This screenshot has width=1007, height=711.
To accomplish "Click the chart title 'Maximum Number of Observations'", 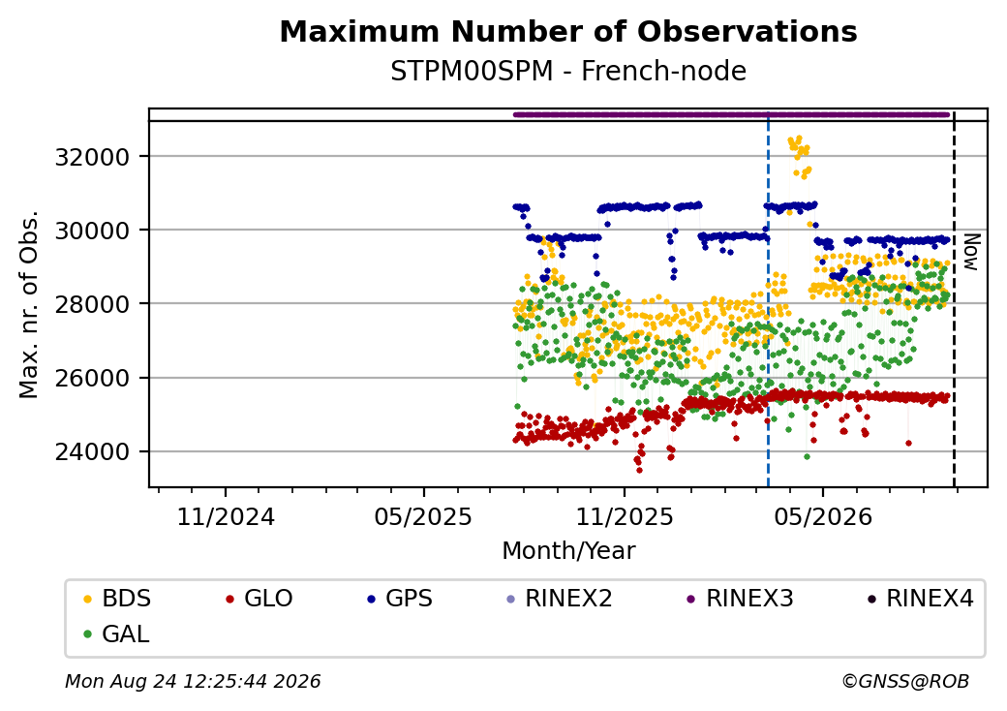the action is pyautogui.click(x=568, y=31).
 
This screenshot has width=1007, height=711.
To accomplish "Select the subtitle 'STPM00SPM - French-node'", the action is pyautogui.click(x=568, y=72).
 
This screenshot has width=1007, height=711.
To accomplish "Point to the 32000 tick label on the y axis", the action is pyautogui.click(x=93, y=157).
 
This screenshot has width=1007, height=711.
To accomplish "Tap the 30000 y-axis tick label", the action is pyautogui.click(x=93, y=231).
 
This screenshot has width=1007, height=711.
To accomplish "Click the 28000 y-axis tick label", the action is pyautogui.click(x=93, y=304).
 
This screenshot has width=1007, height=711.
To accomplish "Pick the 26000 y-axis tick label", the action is pyautogui.click(x=93, y=379).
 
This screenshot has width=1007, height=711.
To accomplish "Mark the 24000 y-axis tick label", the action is pyautogui.click(x=93, y=452).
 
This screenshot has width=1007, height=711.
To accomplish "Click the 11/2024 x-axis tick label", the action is pyautogui.click(x=226, y=517).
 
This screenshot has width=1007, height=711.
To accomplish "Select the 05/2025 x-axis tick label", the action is pyautogui.click(x=423, y=517).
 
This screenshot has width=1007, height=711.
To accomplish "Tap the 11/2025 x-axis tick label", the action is pyautogui.click(x=625, y=517).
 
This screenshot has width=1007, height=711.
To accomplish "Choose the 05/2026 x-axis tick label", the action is pyautogui.click(x=823, y=517).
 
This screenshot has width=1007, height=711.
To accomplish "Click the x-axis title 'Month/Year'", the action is pyautogui.click(x=568, y=551).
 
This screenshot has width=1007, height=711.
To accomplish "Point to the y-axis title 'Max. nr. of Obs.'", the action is pyautogui.click(x=29, y=304).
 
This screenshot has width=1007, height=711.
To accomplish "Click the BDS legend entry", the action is pyautogui.click(x=117, y=599).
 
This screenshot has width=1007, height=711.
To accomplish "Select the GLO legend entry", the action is pyautogui.click(x=259, y=599).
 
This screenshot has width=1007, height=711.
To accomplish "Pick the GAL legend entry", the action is pyautogui.click(x=117, y=634).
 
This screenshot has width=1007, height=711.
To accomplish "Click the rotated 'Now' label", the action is pyautogui.click(x=972, y=252).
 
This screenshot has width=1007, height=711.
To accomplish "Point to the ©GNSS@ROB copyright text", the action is pyautogui.click(x=905, y=681).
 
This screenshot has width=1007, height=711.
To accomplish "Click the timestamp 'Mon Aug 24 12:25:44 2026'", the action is pyautogui.click(x=193, y=681).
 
